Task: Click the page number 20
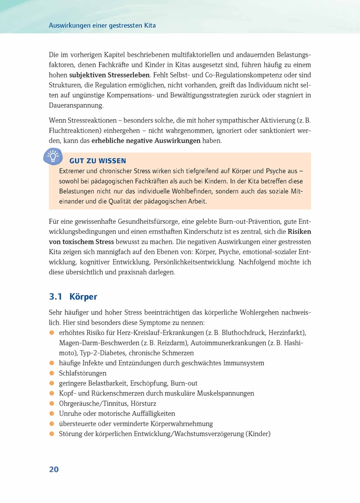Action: click(54, 469)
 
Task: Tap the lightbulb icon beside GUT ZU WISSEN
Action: click(53, 156)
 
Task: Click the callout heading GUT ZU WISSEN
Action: click(97, 161)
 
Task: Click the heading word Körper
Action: click(84, 297)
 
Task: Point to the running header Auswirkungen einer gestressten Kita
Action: click(105, 25)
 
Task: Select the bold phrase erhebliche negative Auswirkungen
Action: click(146, 141)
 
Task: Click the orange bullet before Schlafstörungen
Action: click(51, 373)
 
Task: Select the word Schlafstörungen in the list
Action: click(83, 373)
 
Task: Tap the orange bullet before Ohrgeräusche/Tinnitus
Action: click(51, 403)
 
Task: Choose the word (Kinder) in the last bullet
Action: click(258, 434)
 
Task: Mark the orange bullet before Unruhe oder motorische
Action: click(51, 413)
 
